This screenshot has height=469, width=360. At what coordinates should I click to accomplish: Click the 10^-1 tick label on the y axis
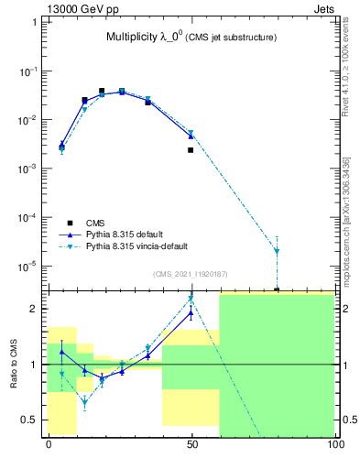[32, 71]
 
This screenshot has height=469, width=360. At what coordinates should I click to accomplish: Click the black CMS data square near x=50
[191, 150]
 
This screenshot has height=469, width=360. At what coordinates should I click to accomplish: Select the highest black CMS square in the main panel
[102, 91]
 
